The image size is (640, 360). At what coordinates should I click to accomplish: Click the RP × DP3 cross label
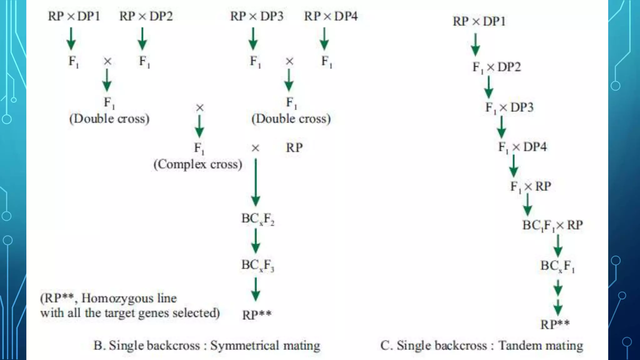pyautogui.click(x=257, y=16)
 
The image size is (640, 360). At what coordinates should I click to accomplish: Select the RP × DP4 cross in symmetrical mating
pyautogui.click(x=331, y=16)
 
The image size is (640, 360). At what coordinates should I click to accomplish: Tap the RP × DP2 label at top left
pyautogui.click(x=146, y=16)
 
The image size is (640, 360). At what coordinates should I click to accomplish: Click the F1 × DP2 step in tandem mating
pyautogui.click(x=497, y=67)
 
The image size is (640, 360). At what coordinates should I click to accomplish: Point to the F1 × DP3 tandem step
pyautogui.click(x=509, y=107)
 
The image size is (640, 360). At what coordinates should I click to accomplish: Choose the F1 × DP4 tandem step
pyautogui.click(x=522, y=147)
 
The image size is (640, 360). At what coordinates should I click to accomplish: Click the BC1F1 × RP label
pyautogui.click(x=552, y=225)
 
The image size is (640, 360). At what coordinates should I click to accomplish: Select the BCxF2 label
pyautogui.click(x=257, y=219)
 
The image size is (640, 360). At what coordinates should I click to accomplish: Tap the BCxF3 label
pyautogui.click(x=257, y=265)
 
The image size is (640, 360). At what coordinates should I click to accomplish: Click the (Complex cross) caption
pyautogui.click(x=198, y=164)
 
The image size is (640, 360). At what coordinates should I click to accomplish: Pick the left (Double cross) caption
pyautogui.click(x=109, y=119)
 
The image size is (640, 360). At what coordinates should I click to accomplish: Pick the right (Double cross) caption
pyautogui.click(x=291, y=119)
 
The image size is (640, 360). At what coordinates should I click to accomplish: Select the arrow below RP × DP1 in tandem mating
pyautogui.click(x=475, y=44)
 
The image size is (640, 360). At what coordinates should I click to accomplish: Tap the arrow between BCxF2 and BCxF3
pyautogui.click(x=256, y=241)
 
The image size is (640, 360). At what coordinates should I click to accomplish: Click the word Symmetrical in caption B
pyautogui.click(x=245, y=346)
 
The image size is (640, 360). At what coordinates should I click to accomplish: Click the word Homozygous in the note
pyautogui.click(x=129, y=298)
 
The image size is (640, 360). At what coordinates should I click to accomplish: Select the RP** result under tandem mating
pyautogui.click(x=555, y=324)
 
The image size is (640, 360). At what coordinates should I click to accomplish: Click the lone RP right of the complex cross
pyautogui.click(x=294, y=148)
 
